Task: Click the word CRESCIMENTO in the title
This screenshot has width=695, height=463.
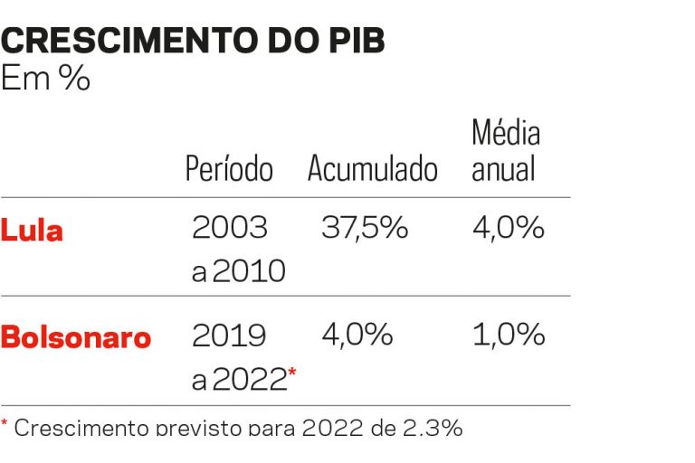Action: pyautogui.click(x=129, y=41)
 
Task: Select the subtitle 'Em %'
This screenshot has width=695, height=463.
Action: pyautogui.click(x=45, y=78)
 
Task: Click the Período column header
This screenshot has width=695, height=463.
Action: pyautogui.click(x=229, y=168)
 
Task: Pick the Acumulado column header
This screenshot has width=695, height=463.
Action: pyautogui.click(x=373, y=168)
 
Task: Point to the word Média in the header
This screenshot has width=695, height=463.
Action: pyautogui.click(x=506, y=132)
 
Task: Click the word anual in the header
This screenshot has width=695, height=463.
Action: pyautogui.click(x=503, y=168)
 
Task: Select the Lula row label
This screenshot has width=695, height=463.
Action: pyautogui.click(x=32, y=231)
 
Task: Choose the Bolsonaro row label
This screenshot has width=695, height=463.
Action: pyautogui.click(x=76, y=337)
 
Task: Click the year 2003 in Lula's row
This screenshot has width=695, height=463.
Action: pyautogui.click(x=230, y=227)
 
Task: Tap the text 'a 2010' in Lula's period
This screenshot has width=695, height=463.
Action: pyautogui.click(x=239, y=270)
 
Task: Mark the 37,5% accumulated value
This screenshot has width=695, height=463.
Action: pyautogui.click(x=365, y=228)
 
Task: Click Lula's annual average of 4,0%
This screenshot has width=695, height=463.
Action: pyautogui.click(x=509, y=228)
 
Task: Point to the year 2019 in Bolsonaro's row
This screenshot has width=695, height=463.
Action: pyautogui.click(x=229, y=335)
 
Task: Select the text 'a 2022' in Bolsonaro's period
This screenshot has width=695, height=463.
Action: pyautogui.click(x=239, y=379)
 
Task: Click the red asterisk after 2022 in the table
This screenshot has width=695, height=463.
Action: pyautogui.click(x=292, y=373)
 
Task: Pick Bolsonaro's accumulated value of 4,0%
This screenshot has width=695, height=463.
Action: pyautogui.click(x=357, y=335)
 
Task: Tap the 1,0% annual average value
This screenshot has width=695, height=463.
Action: pyautogui.click(x=509, y=335)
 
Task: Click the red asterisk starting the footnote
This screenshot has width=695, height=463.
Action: pyautogui.click(x=5, y=422)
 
